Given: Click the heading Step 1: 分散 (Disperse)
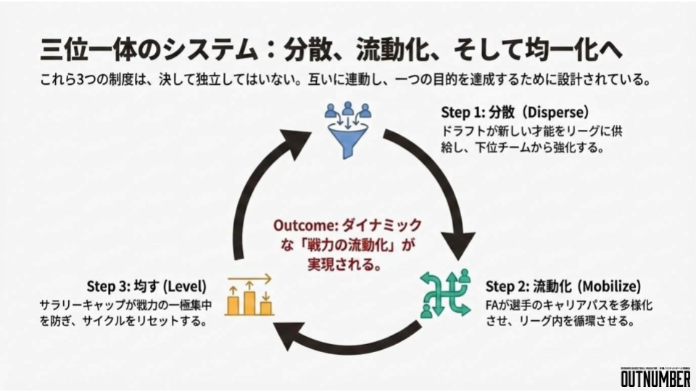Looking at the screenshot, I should pos(514,114).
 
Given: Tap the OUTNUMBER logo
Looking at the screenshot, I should pos(655,378).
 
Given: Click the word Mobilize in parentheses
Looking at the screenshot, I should pos(611,286).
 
